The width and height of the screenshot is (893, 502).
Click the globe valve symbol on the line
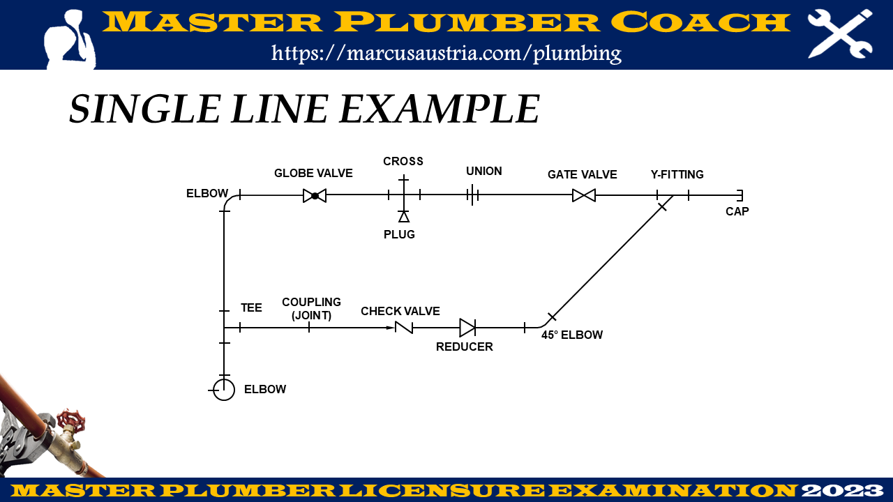315,196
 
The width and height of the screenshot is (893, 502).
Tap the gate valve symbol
584,196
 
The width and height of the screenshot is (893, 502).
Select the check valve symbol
403,328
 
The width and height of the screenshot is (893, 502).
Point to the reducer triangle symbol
467,328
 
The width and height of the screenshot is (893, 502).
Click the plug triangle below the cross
404,217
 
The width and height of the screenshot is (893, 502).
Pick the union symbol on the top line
472,196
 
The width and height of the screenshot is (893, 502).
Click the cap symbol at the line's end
740,196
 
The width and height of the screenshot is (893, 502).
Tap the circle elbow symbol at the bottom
224,390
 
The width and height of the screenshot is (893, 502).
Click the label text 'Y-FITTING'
677,174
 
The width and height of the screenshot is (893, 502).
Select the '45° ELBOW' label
572,335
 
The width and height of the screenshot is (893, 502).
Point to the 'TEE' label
251,307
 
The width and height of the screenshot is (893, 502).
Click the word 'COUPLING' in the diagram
311,302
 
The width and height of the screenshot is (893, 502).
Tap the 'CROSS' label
403,161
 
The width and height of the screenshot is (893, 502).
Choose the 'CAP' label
737,211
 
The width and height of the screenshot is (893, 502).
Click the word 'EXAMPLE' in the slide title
440,109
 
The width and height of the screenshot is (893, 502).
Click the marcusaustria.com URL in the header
446,53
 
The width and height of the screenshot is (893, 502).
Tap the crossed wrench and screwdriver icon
840,33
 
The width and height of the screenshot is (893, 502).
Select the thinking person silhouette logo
70,39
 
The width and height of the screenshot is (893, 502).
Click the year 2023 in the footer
843,490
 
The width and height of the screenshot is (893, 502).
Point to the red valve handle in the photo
70,420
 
